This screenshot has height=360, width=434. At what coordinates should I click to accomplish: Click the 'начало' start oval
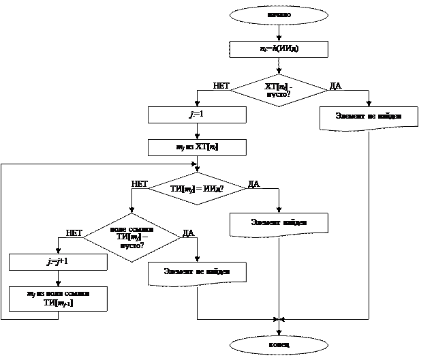point(279,15)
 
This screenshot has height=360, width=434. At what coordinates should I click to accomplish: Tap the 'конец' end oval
point(279,344)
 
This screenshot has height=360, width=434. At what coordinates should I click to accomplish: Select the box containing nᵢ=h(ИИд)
point(279,49)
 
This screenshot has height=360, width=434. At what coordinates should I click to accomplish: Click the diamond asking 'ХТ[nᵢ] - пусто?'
point(279,90)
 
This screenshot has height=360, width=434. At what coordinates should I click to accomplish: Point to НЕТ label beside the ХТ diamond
point(222,86)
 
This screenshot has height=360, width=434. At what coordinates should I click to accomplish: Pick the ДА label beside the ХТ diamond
point(336,86)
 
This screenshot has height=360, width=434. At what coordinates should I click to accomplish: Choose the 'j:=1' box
point(197,115)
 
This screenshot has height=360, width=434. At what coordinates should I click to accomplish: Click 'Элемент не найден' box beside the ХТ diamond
point(369,117)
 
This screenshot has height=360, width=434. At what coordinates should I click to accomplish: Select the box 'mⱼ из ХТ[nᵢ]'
point(197,147)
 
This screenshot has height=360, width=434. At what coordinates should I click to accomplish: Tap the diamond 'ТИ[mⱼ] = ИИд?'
point(197,188)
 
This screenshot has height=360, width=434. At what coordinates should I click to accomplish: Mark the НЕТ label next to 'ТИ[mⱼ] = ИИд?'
point(140,184)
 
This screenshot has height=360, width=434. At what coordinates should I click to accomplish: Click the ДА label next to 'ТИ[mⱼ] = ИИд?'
point(253,184)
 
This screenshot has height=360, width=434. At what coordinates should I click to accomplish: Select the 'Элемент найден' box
point(279,223)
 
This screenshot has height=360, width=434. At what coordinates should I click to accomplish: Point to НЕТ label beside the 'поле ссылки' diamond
point(74,233)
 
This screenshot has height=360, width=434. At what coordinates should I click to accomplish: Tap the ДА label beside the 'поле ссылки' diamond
point(188,233)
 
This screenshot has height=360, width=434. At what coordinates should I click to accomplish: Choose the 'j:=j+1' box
point(58,262)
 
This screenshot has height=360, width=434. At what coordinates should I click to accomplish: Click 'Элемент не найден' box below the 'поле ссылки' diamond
point(197,272)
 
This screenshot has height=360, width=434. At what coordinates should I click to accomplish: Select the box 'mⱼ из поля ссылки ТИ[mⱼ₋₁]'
point(58,299)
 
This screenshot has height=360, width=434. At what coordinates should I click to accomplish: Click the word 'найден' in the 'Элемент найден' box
point(294,222)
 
